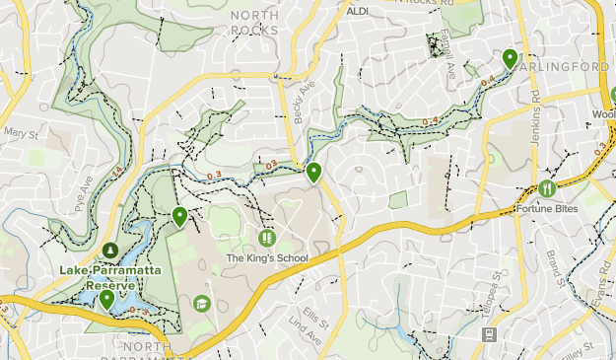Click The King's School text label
tap(267, 258)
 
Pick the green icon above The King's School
tap(266, 238)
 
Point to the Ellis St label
tap(315, 317)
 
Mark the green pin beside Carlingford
tap(510, 58)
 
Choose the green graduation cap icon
tap(202, 303)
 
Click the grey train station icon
tap(489, 335)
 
